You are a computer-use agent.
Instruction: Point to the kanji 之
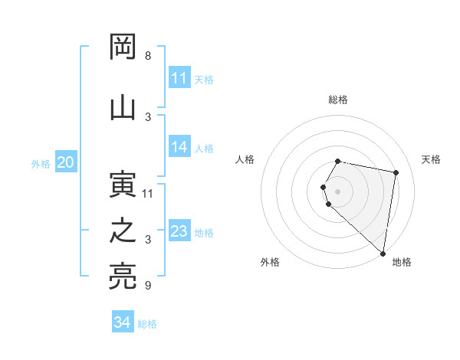click(x=123, y=231)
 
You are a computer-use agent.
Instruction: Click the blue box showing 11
click(x=179, y=78)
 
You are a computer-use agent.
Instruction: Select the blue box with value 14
click(x=179, y=148)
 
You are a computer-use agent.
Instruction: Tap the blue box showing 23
click(x=179, y=231)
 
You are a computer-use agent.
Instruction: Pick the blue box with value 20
click(x=66, y=162)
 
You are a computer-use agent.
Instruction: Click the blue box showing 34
click(x=123, y=323)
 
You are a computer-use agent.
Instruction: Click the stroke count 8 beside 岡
click(x=148, y=56)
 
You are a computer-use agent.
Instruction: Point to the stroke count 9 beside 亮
click(x=148, y=286)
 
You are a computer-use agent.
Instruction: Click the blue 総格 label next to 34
click(x=147, y=324)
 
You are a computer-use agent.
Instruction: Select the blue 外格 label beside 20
click(x=41, y=163)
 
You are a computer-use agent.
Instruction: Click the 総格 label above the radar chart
click(x=338, y=100)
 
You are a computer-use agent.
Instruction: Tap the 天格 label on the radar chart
click(x=431, y=159)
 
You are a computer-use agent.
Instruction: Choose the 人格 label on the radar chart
click(x=245, y=159)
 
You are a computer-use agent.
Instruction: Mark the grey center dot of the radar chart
click(x=338, y=191)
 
